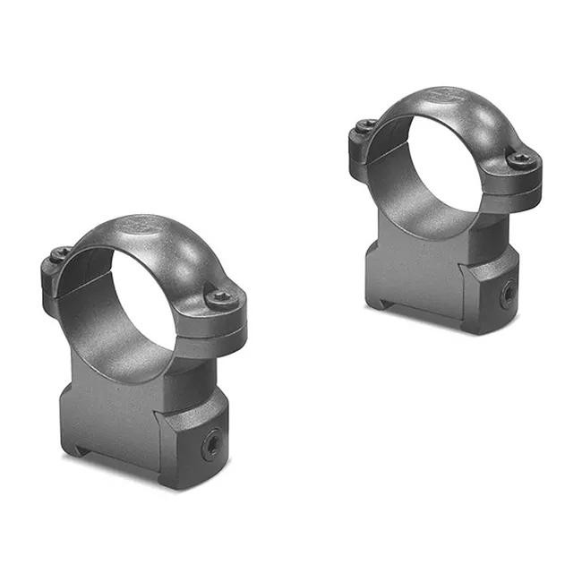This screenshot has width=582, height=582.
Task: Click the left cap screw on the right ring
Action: tap(366, 126)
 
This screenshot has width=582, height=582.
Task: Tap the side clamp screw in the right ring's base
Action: tap(508, 291)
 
